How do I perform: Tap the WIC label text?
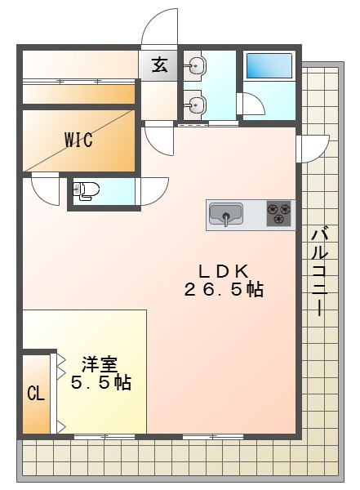click(x=78, y=140)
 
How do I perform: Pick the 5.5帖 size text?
click(x=101, y=383)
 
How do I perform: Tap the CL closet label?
click(x=36, y=394)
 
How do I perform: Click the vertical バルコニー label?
click(x=321, y=272)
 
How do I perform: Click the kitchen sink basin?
click(x=226, y=215)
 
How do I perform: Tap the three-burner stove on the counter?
click(x=278, y=214)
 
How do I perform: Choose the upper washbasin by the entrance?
click(x=194, y=67)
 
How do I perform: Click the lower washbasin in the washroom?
click(x=194, y=103)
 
